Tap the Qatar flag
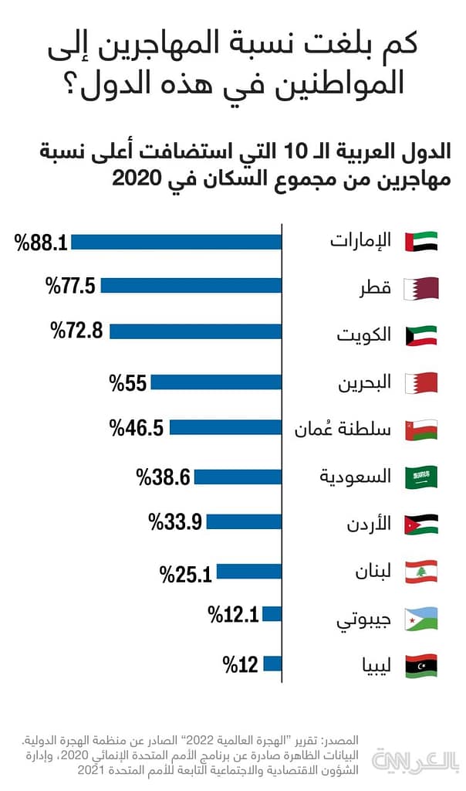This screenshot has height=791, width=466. (421, 287)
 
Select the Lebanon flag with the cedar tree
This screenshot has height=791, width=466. (421, 572)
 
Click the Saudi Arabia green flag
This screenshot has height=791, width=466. (421, 477)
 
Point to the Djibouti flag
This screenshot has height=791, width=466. (421, 618)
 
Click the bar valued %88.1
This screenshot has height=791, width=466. (177, 242)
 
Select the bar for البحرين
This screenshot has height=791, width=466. (217, 382)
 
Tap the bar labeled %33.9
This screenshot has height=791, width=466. (245, 522)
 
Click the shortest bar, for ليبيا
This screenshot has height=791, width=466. (272, 664)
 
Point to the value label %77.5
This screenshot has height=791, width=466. (70, 287)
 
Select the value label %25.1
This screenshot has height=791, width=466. (186, 573)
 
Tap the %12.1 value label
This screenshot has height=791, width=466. (233, 616)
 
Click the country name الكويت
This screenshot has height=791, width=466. (363, 335)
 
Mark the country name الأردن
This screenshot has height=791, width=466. (369, 524)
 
